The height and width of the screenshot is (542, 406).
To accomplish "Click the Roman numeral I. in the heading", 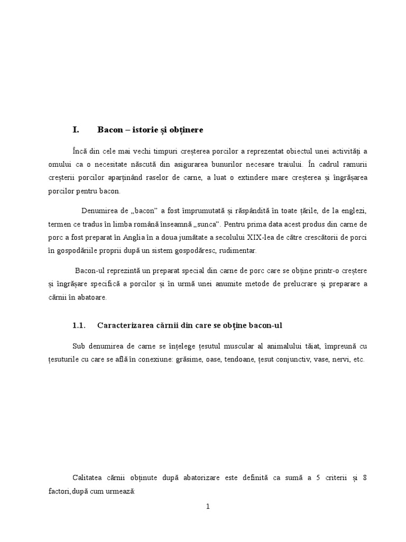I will coord(76,129).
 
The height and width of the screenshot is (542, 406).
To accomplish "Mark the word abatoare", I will coord(91,297).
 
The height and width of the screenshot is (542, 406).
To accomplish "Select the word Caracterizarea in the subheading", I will coord(125,326).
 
